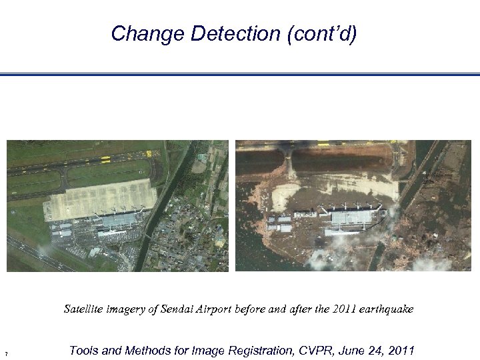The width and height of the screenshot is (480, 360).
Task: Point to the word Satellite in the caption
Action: (83, 309)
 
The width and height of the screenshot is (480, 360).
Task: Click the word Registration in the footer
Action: (253, 351)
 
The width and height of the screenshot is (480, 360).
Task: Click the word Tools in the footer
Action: (85, 351)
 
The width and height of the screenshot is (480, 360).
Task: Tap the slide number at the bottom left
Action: (5, 353)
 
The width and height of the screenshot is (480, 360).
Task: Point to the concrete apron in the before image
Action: (100, 197)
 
